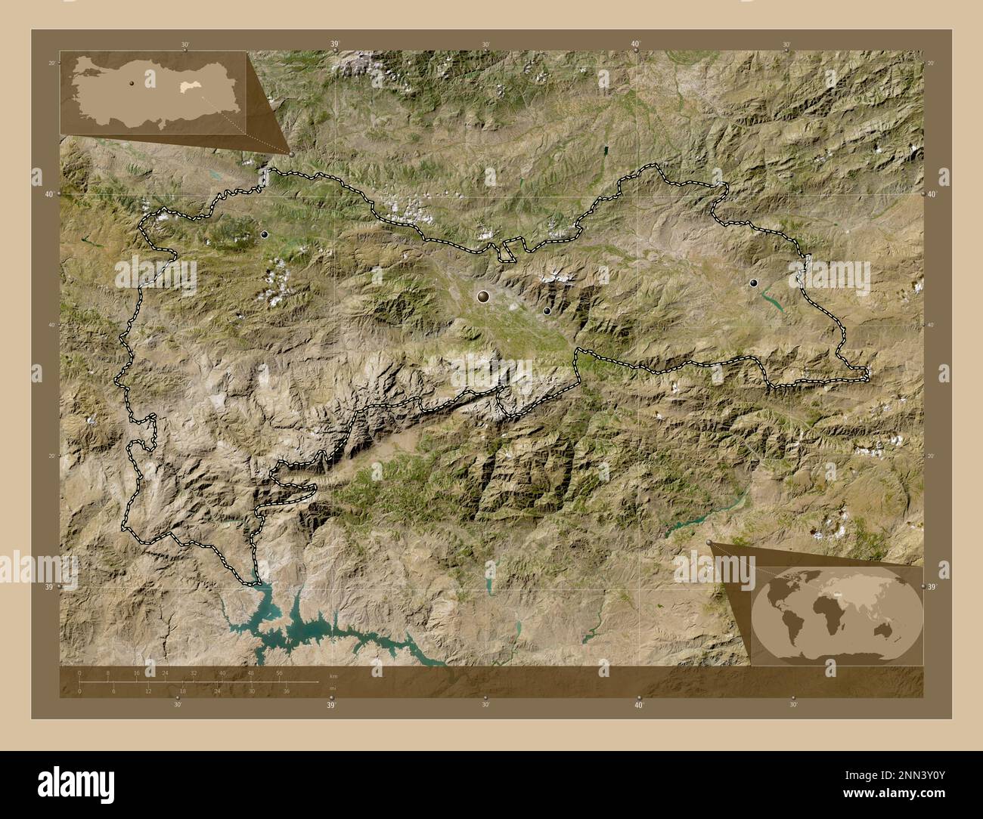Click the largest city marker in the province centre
tap(483, 297)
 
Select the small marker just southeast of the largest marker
tap(547, 311)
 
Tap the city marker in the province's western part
tap(264, 235)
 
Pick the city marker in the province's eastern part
tap(753, 283)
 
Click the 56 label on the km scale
tap(279, 672)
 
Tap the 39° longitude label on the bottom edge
tap(331, 705)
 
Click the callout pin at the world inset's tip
tap(709, 542)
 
